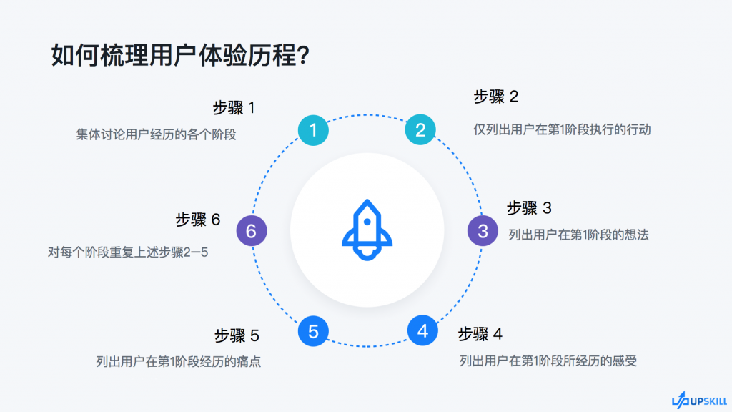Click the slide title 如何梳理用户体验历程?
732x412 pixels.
(180, 56)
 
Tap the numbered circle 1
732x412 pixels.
(313, 130)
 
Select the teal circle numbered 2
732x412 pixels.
(420, 130)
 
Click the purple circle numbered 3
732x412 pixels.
(483, 231)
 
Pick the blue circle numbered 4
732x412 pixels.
(422, 330)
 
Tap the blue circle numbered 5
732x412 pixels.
(313, 331)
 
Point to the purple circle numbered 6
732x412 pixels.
(252, 231)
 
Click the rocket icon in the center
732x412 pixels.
(367, 230)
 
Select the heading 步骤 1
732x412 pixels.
(234, 108)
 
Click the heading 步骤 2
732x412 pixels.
(496, 97)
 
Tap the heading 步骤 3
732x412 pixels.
(530, 208)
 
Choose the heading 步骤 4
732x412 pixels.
(480, 334)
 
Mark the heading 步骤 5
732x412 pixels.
(237, 335)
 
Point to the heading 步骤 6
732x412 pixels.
(198, 220)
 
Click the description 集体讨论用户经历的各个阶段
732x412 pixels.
(157, 134)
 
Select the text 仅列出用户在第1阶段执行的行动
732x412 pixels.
(562, 129)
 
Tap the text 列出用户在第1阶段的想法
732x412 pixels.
(578, 235)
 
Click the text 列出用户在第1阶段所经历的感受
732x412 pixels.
(548, 360)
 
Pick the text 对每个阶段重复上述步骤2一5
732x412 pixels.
(128, 252)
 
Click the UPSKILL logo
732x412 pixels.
(699, 401)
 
